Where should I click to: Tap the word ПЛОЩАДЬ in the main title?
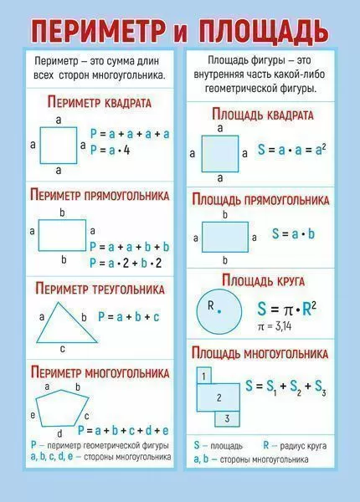pos(263,31)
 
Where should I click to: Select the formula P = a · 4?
pos(111,150)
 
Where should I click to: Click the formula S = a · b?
pos(293,234)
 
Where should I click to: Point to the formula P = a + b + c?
pos(128,317)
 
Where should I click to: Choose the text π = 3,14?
pos(275,326)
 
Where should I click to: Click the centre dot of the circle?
pos(219,311)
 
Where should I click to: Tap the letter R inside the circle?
pos(210,305)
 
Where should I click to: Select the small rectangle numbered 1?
pos(203,376)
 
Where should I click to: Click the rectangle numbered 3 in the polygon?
pos(227,419)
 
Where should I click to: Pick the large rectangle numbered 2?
pos(219,397)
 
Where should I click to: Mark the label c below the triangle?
pos(63,349)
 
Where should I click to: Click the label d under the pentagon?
pos(59,433)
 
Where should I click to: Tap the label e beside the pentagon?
pos(33,415)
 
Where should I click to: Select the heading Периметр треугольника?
pos(100,289)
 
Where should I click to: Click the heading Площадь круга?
pos(263,281)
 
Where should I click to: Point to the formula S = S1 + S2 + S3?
pos(285,387)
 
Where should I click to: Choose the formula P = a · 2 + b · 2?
pos(126,264)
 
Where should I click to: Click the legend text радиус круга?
pos(303,446)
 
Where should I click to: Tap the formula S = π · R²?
pos(287,309)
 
